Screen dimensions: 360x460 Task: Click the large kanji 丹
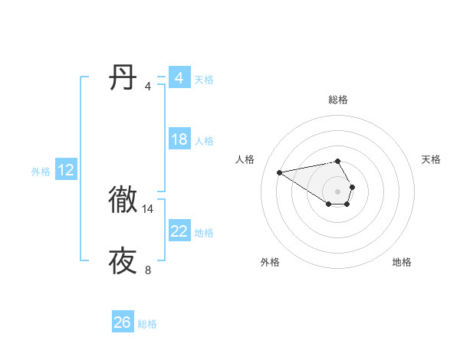pyautogui.click(x=123, y=77)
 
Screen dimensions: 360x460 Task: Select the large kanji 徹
pyautogui.click(x=123, y=199)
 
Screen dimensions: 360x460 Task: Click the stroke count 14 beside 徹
pyautogui.click(x=148, y=208)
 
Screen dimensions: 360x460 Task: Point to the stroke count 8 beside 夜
pyautogui.click(x=148, y=270)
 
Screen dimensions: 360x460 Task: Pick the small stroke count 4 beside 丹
pyautogui.click(x=148, y=87)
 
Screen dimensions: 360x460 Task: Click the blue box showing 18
pyautogui.click(x=179, y=139)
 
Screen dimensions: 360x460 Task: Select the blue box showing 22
pyautogui.click(x=179, y=231)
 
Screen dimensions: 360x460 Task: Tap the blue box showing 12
pyautogui.click(x=66, y=170)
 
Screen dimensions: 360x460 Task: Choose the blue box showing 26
pyautogui.click(x=123, y=322)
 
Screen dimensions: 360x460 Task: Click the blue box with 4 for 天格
pyautogui.click(x=179, y=78)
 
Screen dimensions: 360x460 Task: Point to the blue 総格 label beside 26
pyautogui.click(x=147, y=324)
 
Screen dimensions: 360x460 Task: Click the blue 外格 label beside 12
pyautogui.click(x=41, y=172)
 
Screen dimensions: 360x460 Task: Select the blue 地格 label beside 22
pyautogui.click(x=204, y=233)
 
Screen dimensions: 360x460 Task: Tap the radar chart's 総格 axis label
pyautogui.click(x=338, y=100)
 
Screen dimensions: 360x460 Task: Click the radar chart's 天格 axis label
pyautogui.click(x=432, y=159)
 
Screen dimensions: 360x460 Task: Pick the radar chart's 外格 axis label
pyautogui.click(x=270, y=262)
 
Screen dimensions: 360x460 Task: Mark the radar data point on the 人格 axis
pyautogui.click(x=280, y=172)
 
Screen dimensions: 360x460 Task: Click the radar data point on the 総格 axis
pyautogui.click(x=338, y=161)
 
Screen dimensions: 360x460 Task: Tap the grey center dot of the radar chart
pyautogui.click(x=338, y=191)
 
